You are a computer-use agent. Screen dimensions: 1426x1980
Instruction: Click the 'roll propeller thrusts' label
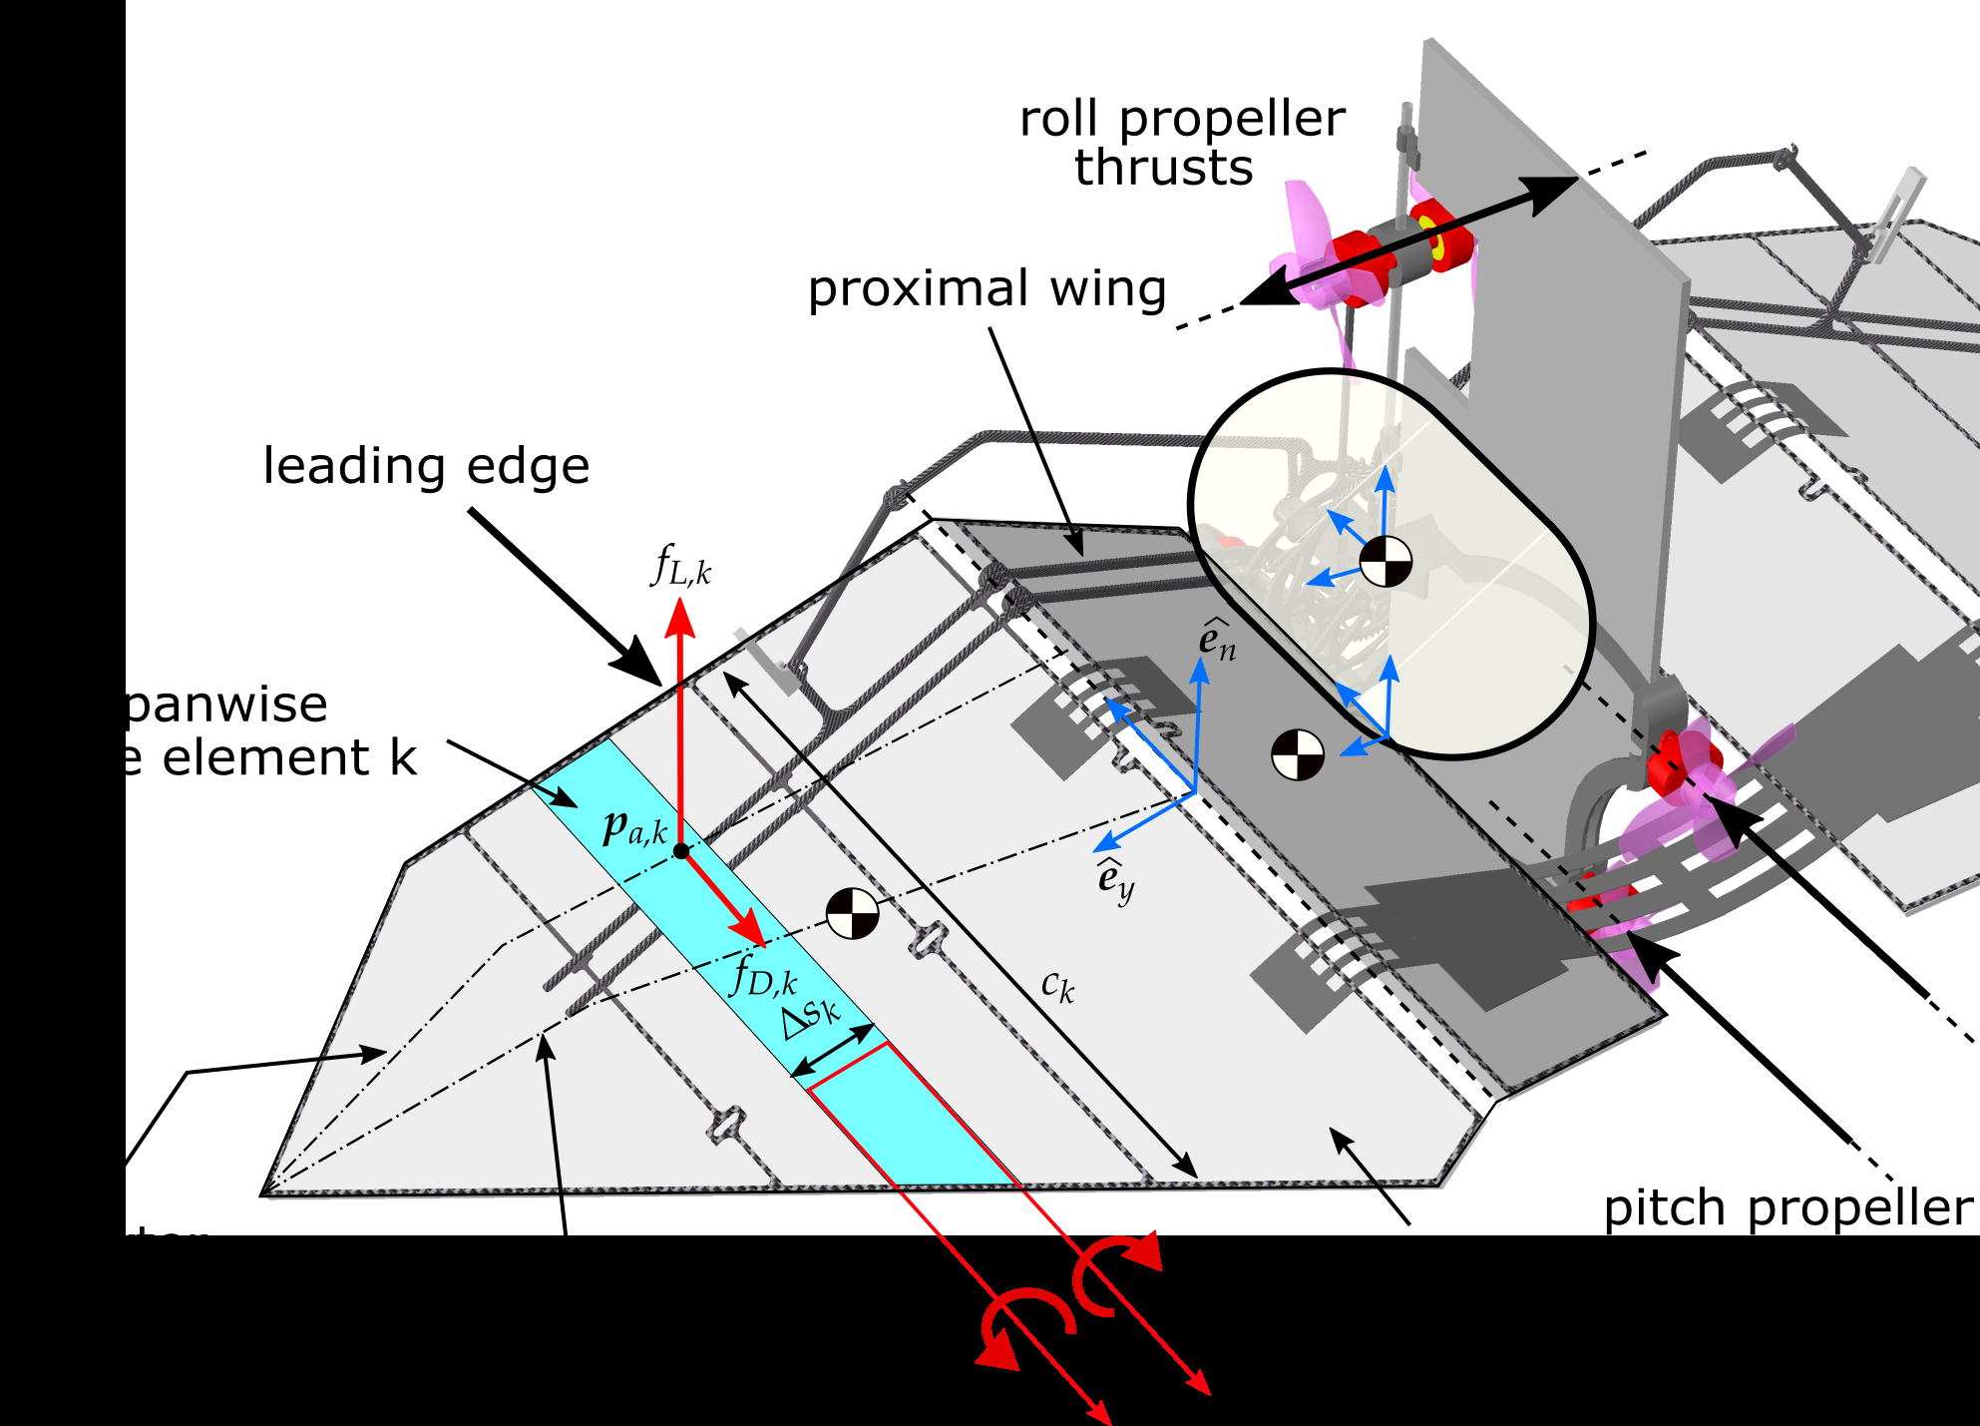click(x=1182, y=144)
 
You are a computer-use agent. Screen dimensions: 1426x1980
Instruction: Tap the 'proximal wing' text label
click(x=987, y=289)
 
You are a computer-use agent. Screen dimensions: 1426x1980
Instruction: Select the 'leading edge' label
click(x=426, y=466)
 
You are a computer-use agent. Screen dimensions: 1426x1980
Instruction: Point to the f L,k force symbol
click(x=681, y=566)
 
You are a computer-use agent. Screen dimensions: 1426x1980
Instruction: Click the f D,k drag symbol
click(x=764, y=976)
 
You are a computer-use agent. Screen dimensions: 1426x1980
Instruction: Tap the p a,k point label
click(x=634, y=828)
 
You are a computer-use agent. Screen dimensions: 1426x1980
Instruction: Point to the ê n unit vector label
click(x=1217, y=641)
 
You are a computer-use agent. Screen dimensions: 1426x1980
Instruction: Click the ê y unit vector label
click(x=1115, y=879)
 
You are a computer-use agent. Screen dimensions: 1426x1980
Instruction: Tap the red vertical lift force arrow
click(x=680, y=718)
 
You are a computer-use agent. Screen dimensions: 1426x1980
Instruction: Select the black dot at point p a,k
click(x=681, y=851)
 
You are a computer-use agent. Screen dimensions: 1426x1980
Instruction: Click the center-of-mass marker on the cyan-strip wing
click(x=852, y=913)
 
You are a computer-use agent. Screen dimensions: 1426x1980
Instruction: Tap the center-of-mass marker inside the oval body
click(x=1386, y=561)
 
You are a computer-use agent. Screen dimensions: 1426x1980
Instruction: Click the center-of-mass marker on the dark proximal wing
click(x=1298, y=754)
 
